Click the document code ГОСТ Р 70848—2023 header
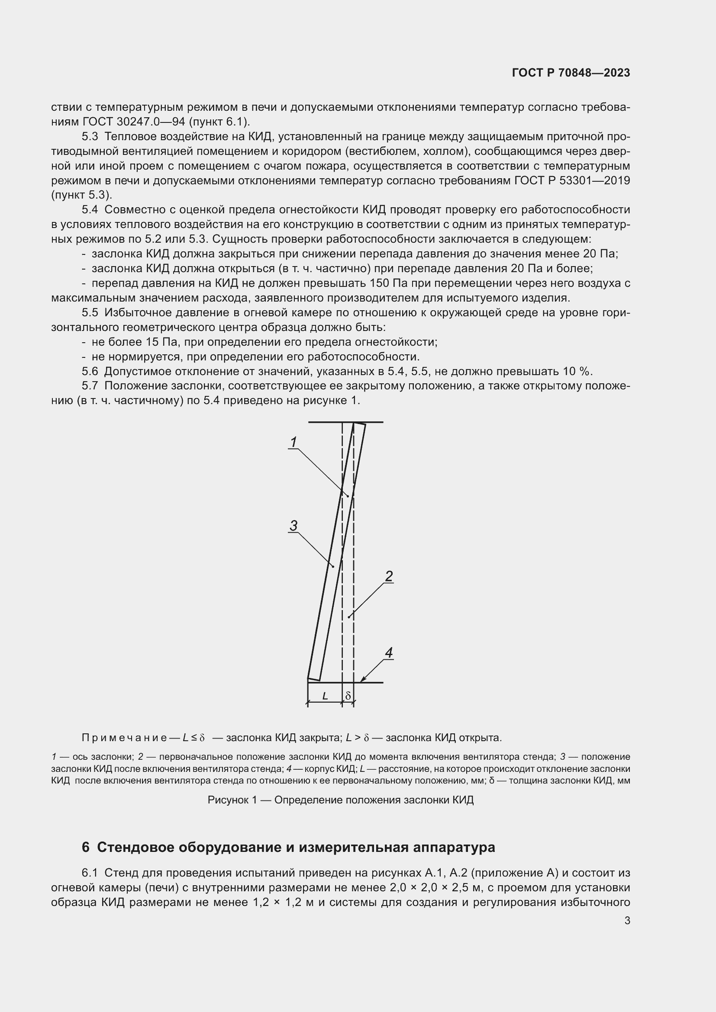click(571, 73)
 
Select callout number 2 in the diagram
click(389, 576)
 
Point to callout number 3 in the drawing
click(293, 525)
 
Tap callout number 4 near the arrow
click(389, 653)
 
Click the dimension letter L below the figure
click(325, 696)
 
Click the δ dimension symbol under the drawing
click(348, 696)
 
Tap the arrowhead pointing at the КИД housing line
click(363, 680)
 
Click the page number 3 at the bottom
click(627, 920)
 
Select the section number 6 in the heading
click(86, 847)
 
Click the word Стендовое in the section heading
click(137, 847)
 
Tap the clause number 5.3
click(90, 137)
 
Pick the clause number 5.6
click(90, 371)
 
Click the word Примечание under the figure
click(124, 737)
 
